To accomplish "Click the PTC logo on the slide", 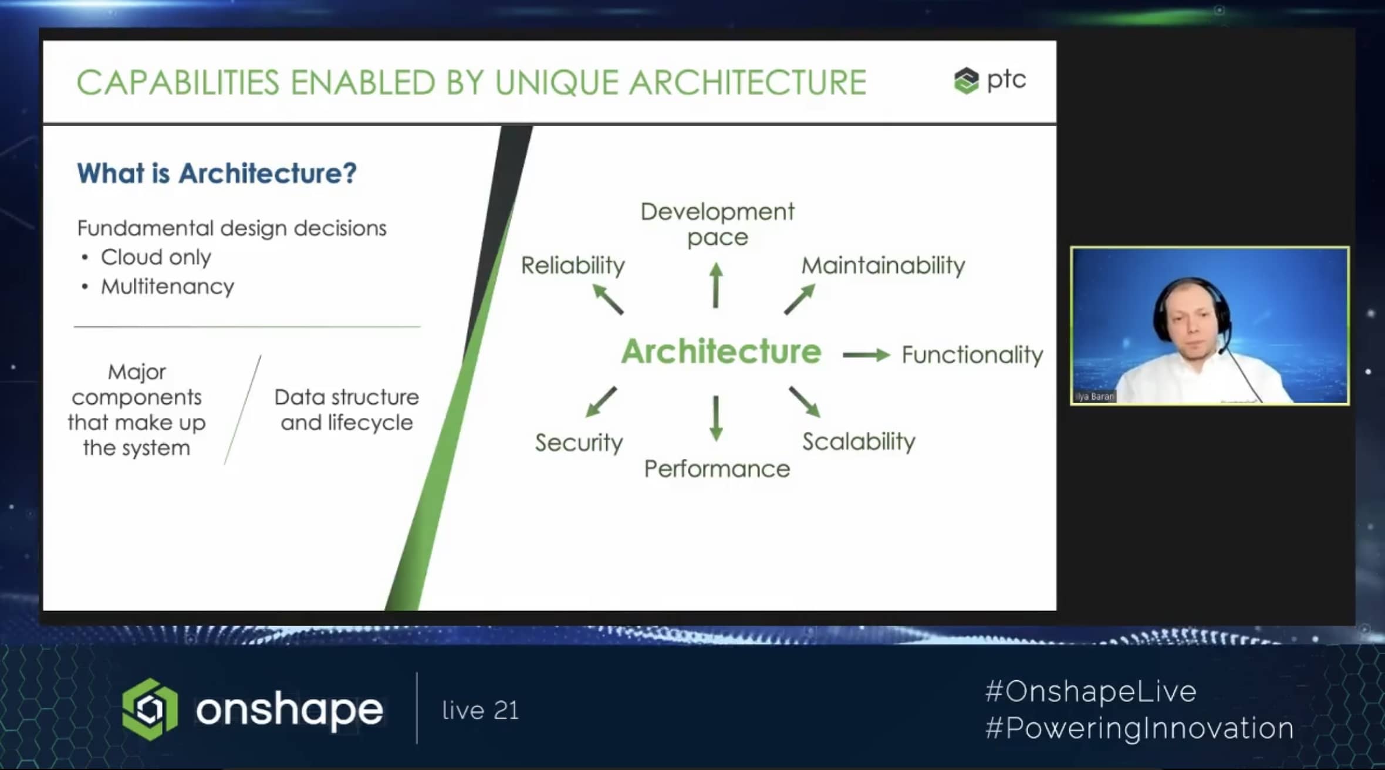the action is click(990, 80).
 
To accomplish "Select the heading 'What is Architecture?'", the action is click(217, 173).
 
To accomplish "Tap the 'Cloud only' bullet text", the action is click(156, 257).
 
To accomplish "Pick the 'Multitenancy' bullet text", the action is click(167, 286).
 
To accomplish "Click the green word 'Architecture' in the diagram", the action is click(721, 352).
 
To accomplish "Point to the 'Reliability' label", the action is click(573, 266).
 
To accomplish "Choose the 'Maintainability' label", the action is click(883, 266).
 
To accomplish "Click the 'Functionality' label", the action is click(972, 355).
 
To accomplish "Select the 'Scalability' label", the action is click(859, 442).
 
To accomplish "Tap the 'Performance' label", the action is click(717, 469).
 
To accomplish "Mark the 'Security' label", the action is click(579, 443).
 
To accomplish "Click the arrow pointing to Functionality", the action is click(866, 354).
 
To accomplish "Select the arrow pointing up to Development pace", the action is click(715, 285).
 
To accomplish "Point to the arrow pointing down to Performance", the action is click(715, 418).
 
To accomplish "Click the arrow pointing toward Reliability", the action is click(607, 299).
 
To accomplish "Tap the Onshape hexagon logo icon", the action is click(150, 709).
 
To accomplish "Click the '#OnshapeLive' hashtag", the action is click(1091, 691).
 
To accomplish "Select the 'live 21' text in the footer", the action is click(481, 710).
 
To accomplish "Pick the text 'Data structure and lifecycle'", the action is click(347, 410).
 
